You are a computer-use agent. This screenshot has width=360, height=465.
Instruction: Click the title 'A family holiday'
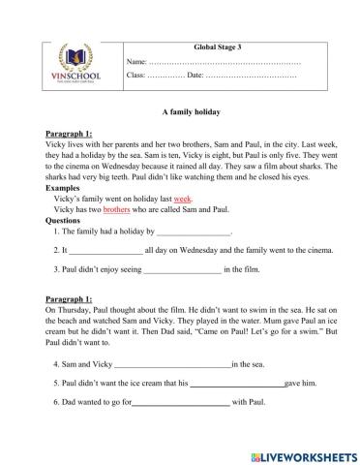click(181, 112)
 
